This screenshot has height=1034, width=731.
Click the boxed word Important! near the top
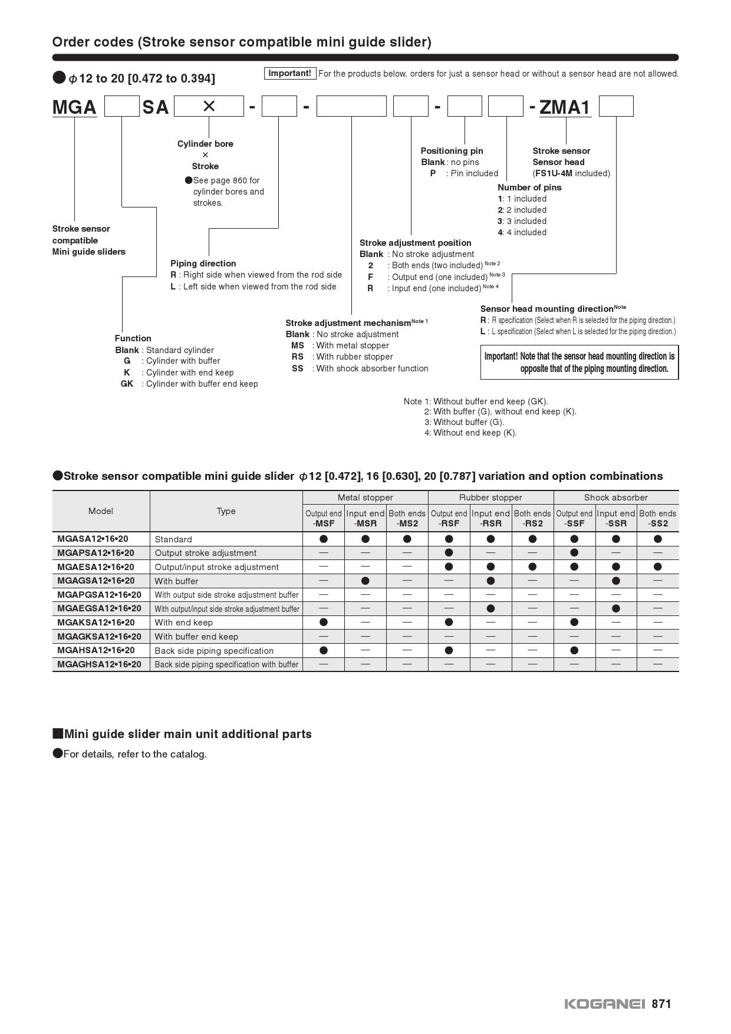pyautogui.click(x=289, y=73)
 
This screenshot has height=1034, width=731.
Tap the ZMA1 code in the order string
pyautogui.click(x=565, y=107)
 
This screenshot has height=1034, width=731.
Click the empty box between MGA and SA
pyautogui.click(x=121, y=107)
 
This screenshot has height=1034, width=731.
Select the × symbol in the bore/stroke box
pyautogui.click(x=209, y=106)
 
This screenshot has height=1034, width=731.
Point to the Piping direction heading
pyautogui.click(x=203, y=264)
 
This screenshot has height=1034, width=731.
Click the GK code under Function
pyautogui.click(x=127, y=384)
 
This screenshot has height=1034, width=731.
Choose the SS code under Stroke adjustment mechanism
pyautogui.click(x=297, y=368)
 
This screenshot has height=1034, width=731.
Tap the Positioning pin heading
pyautogui.click(x=452, y=151)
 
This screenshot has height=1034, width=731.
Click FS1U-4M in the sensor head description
pyautogui.click(x=554, y=173)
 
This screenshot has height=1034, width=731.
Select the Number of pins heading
pyautogui.click(x=529, y=187)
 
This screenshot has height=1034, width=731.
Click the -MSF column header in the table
pyautogui.click(x=324, y=523)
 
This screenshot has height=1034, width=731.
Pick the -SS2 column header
pyautogui.click(x=657, y=523)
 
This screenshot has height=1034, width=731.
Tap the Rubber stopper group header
pyautogui.click(x=490, y=498)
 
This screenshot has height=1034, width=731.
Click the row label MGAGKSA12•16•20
pyautogui.click(x=99, y=637)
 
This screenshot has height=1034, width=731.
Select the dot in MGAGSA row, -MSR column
pyautogui.click(x=365, y=581)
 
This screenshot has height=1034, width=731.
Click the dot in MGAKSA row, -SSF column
pyautogui.click(x=574, y=623)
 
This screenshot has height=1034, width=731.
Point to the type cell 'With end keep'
pyautogui.click(x=183, y=623)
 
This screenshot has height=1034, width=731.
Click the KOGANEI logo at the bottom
pyautogui.click(x=605, y=1004)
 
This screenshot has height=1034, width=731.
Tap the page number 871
pyautogui.click(x=661, y=1004)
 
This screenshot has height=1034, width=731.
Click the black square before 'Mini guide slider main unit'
pyautogui.click(x=58, y=734)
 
